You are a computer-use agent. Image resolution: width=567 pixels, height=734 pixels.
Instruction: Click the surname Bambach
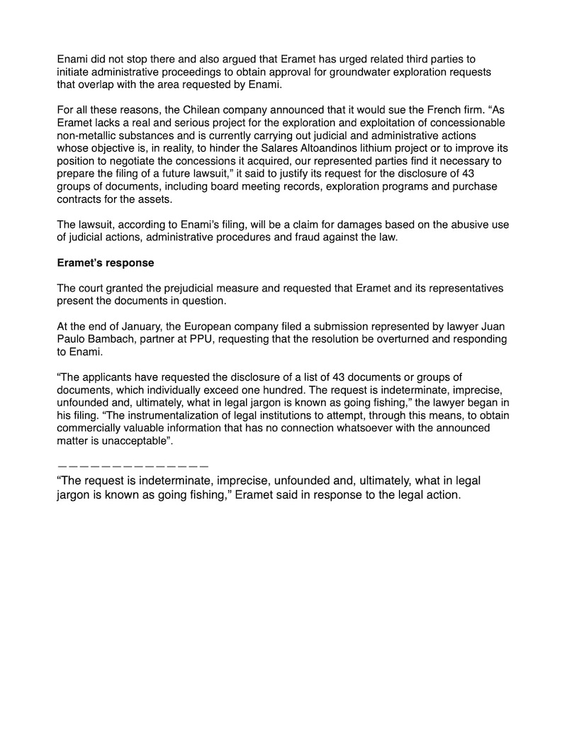(116, 340)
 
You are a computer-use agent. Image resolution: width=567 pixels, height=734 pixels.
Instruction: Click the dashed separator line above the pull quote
(133, 466)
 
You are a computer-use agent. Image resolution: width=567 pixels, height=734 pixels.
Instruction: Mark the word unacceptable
(134, 440)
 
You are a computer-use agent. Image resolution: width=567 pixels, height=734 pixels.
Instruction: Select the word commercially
(92, 428)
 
